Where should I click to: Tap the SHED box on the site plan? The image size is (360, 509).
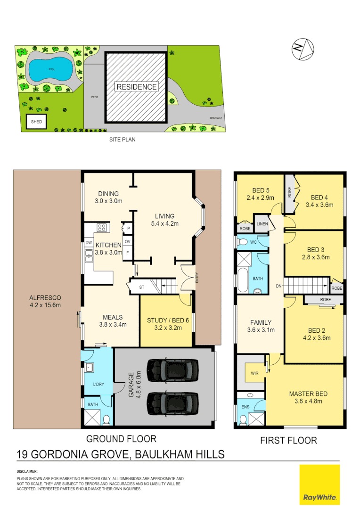(x=36, y=122)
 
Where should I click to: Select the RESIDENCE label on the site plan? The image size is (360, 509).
(x=137, y=87)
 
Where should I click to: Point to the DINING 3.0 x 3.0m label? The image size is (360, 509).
(x=108, y=197)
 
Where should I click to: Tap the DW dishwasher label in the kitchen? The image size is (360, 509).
(x=89, y=243)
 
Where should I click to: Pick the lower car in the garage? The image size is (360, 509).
(x=172, y=402)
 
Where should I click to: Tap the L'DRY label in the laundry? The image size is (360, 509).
(x=98, y=385)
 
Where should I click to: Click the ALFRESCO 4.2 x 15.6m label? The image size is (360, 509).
(x=45, y=301)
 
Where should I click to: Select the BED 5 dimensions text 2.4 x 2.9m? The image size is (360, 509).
(x=260, y=198)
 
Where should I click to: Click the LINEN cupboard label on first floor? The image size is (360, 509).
(x=262, y=224)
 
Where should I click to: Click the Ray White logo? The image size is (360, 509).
(x=319, y=484)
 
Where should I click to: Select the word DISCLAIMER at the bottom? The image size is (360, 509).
(x=27, y=471)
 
